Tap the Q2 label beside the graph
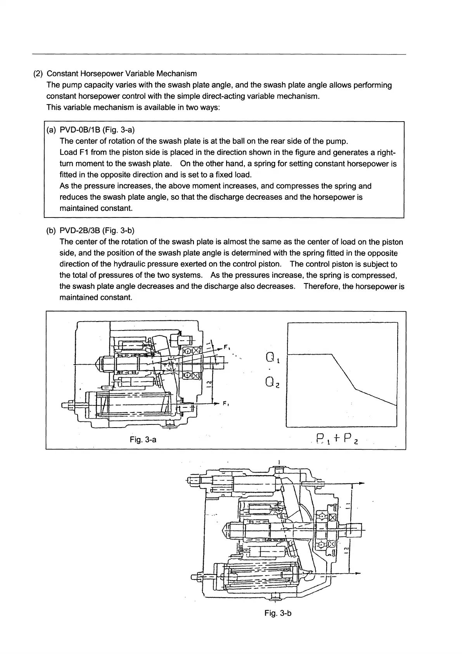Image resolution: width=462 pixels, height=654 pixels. pos(272,384)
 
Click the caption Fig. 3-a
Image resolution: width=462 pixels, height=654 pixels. pos(143,440)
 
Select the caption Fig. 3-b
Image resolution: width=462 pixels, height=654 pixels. pos(278,613)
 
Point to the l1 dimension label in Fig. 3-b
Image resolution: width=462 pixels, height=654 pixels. pos(348,506)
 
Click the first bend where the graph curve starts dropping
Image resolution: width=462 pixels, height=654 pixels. pos(332,354)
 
